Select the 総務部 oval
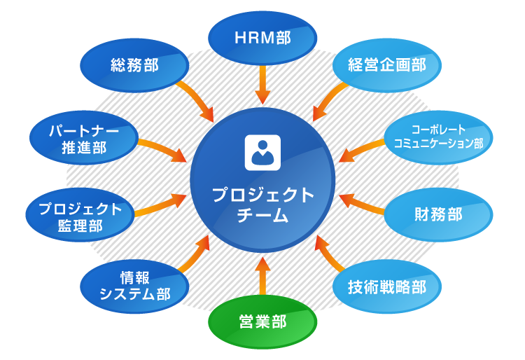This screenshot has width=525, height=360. tap(134, 67)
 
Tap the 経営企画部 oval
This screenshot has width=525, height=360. tap(388, 67)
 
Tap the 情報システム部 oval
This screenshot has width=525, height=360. tap(135, 284)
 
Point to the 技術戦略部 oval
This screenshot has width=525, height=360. tap(387, 286)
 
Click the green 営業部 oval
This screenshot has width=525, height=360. tap(262, 323)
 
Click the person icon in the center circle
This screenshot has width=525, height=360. tap(262, 152)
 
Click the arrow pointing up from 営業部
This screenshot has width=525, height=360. tap(262, 275)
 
